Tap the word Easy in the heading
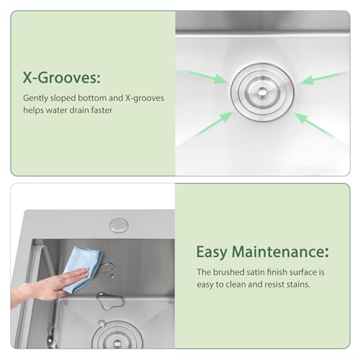click(216, 253)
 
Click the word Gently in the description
click(37, 96)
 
